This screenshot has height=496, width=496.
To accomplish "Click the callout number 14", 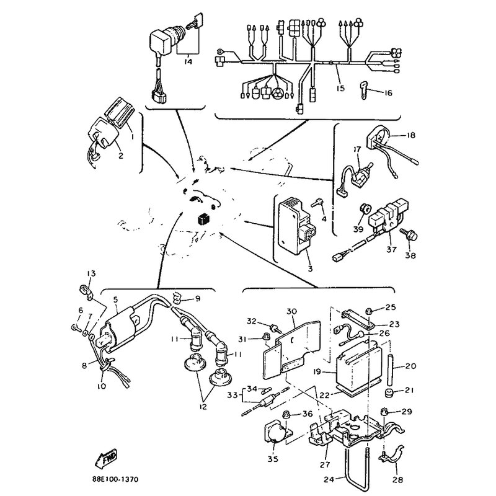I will pos(188,62).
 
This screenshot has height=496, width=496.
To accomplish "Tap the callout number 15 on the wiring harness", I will pos(340,88).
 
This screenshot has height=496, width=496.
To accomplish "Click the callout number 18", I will pos(410,135).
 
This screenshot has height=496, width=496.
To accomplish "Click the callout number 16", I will pos(388,93).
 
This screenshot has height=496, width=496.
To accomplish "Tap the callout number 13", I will pos(91,273).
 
